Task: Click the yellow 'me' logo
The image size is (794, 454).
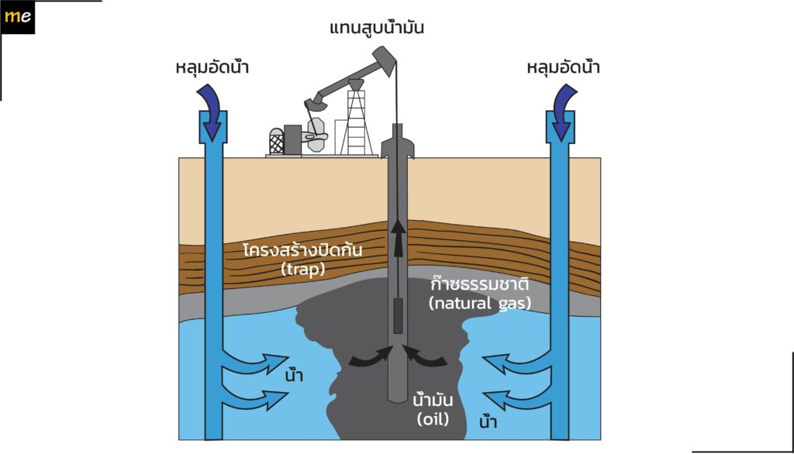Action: coord(17,17)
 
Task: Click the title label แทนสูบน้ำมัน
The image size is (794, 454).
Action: coord(376,27)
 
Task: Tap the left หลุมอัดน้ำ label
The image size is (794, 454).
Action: coord(212,67)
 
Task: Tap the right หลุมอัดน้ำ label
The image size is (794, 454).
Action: coord(563,67)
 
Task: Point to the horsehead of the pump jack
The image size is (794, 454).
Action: coord(385,60)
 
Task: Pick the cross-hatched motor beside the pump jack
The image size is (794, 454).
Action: coord(277,141)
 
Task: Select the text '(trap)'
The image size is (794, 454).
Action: coord(303,269)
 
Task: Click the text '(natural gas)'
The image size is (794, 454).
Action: coord(479,303)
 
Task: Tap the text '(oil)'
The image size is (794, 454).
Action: coord(433,419)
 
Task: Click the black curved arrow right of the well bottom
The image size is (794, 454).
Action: coord(425,356)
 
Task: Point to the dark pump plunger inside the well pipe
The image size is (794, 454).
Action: coord(398,316)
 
